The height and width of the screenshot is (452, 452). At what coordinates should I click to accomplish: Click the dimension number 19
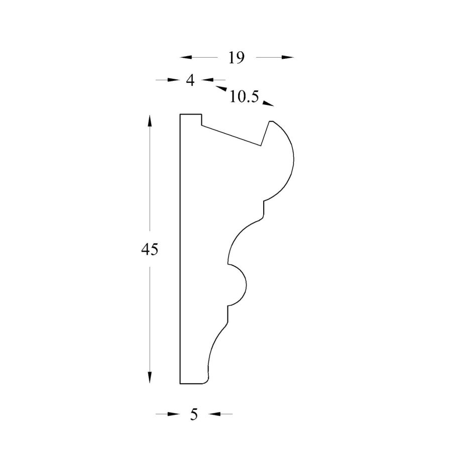coord(237,58)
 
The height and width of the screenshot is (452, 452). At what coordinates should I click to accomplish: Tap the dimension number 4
coord(190,80)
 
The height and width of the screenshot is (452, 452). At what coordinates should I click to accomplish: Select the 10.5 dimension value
coord(245,97)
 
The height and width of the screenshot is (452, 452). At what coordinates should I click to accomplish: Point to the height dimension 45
coord(150,249)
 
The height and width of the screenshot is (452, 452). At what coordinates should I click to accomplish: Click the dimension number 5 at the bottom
coord(194,414)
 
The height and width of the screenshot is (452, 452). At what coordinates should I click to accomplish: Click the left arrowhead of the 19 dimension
coord(186,57)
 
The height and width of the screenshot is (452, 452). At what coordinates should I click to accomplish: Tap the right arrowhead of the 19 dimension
coord(287,57)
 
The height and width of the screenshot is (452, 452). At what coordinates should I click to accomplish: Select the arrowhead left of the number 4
coord(173,80)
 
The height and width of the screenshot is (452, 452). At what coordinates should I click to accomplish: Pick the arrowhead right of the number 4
coord(207,80)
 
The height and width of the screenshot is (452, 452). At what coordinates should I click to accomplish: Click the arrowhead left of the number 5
coord(173,414)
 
